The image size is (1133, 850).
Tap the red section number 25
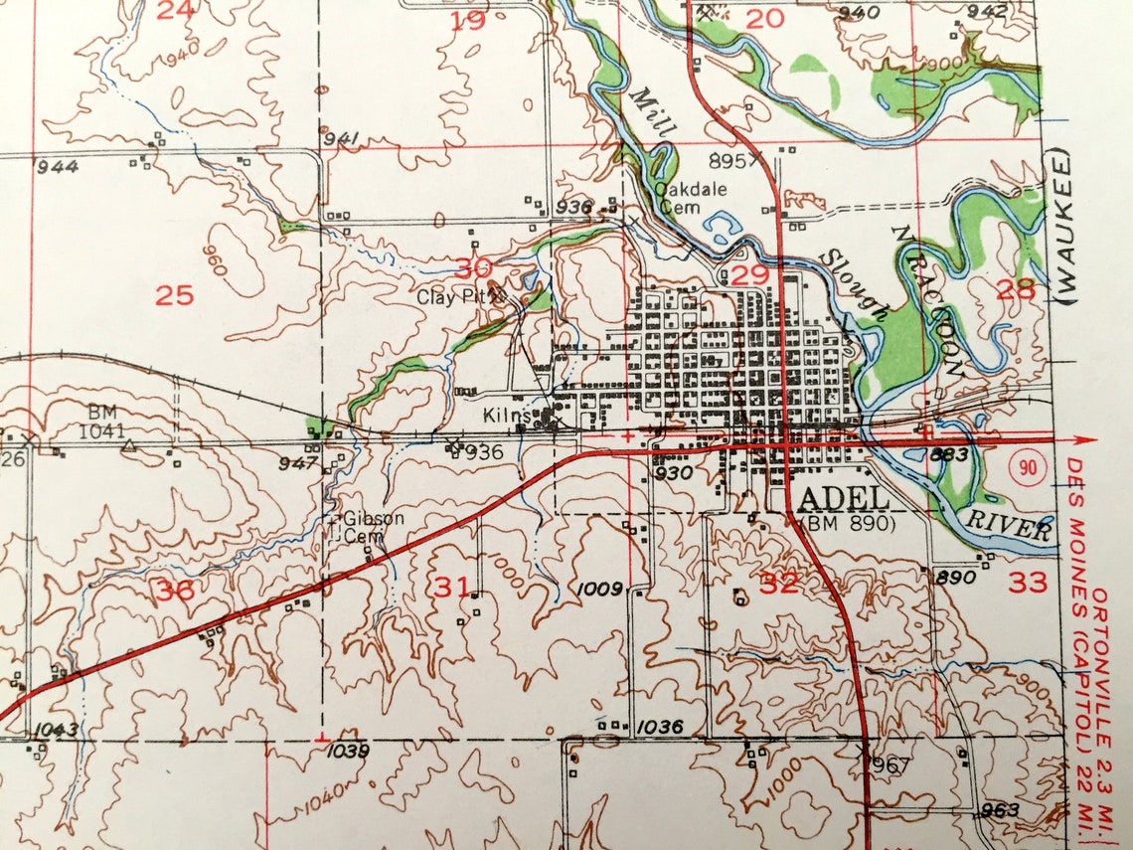click(x=174, y=295)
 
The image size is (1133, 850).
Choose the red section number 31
click(x=450, y=588)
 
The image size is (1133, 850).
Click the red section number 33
click(x=1028, y=582)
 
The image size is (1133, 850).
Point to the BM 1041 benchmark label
click(x=105, y=421)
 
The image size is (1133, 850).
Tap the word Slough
click(x=854, y=283)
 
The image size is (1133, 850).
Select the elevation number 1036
click(x=660, y=728)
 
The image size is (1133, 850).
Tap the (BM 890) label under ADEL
click(x=848, y=522)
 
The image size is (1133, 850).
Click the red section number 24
click(x=176, y=11)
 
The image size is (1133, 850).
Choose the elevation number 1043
click(x=55, y=731)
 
